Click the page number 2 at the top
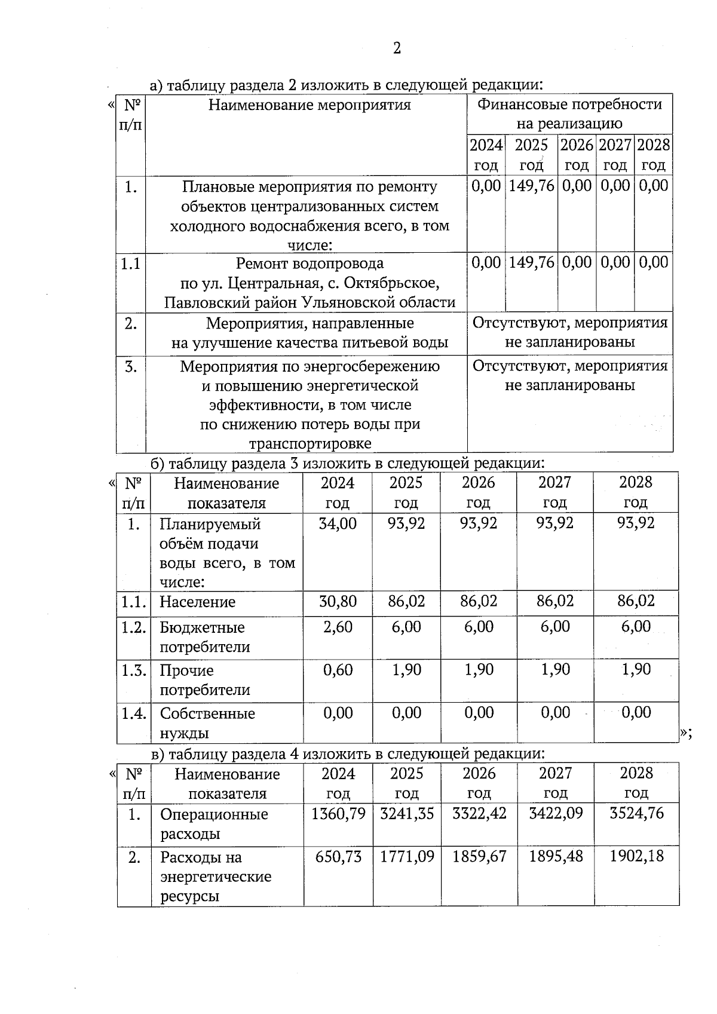tap(397, 48)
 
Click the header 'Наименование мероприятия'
tap(310, 106)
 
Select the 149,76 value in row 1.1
tap(531, 262)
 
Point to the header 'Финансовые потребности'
tap(569, 105)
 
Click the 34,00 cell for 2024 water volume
tap(338, 523)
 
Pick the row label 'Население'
tap(197, 602)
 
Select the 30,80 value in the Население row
tap(338, 601)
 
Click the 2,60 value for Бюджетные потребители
tap(338, 627)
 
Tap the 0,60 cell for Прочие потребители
tap(338, 670)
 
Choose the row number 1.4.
tap(134, 713)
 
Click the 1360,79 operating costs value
tap(338, 814)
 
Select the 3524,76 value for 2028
tap(636, 813)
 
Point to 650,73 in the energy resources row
tap(338, 857)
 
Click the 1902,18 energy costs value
tap(636, 856)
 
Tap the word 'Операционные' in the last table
tap(214, 814)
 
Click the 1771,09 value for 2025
tap(407, 857)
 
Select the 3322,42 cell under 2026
tap(479, 813)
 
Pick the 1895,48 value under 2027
tap(556, 857)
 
